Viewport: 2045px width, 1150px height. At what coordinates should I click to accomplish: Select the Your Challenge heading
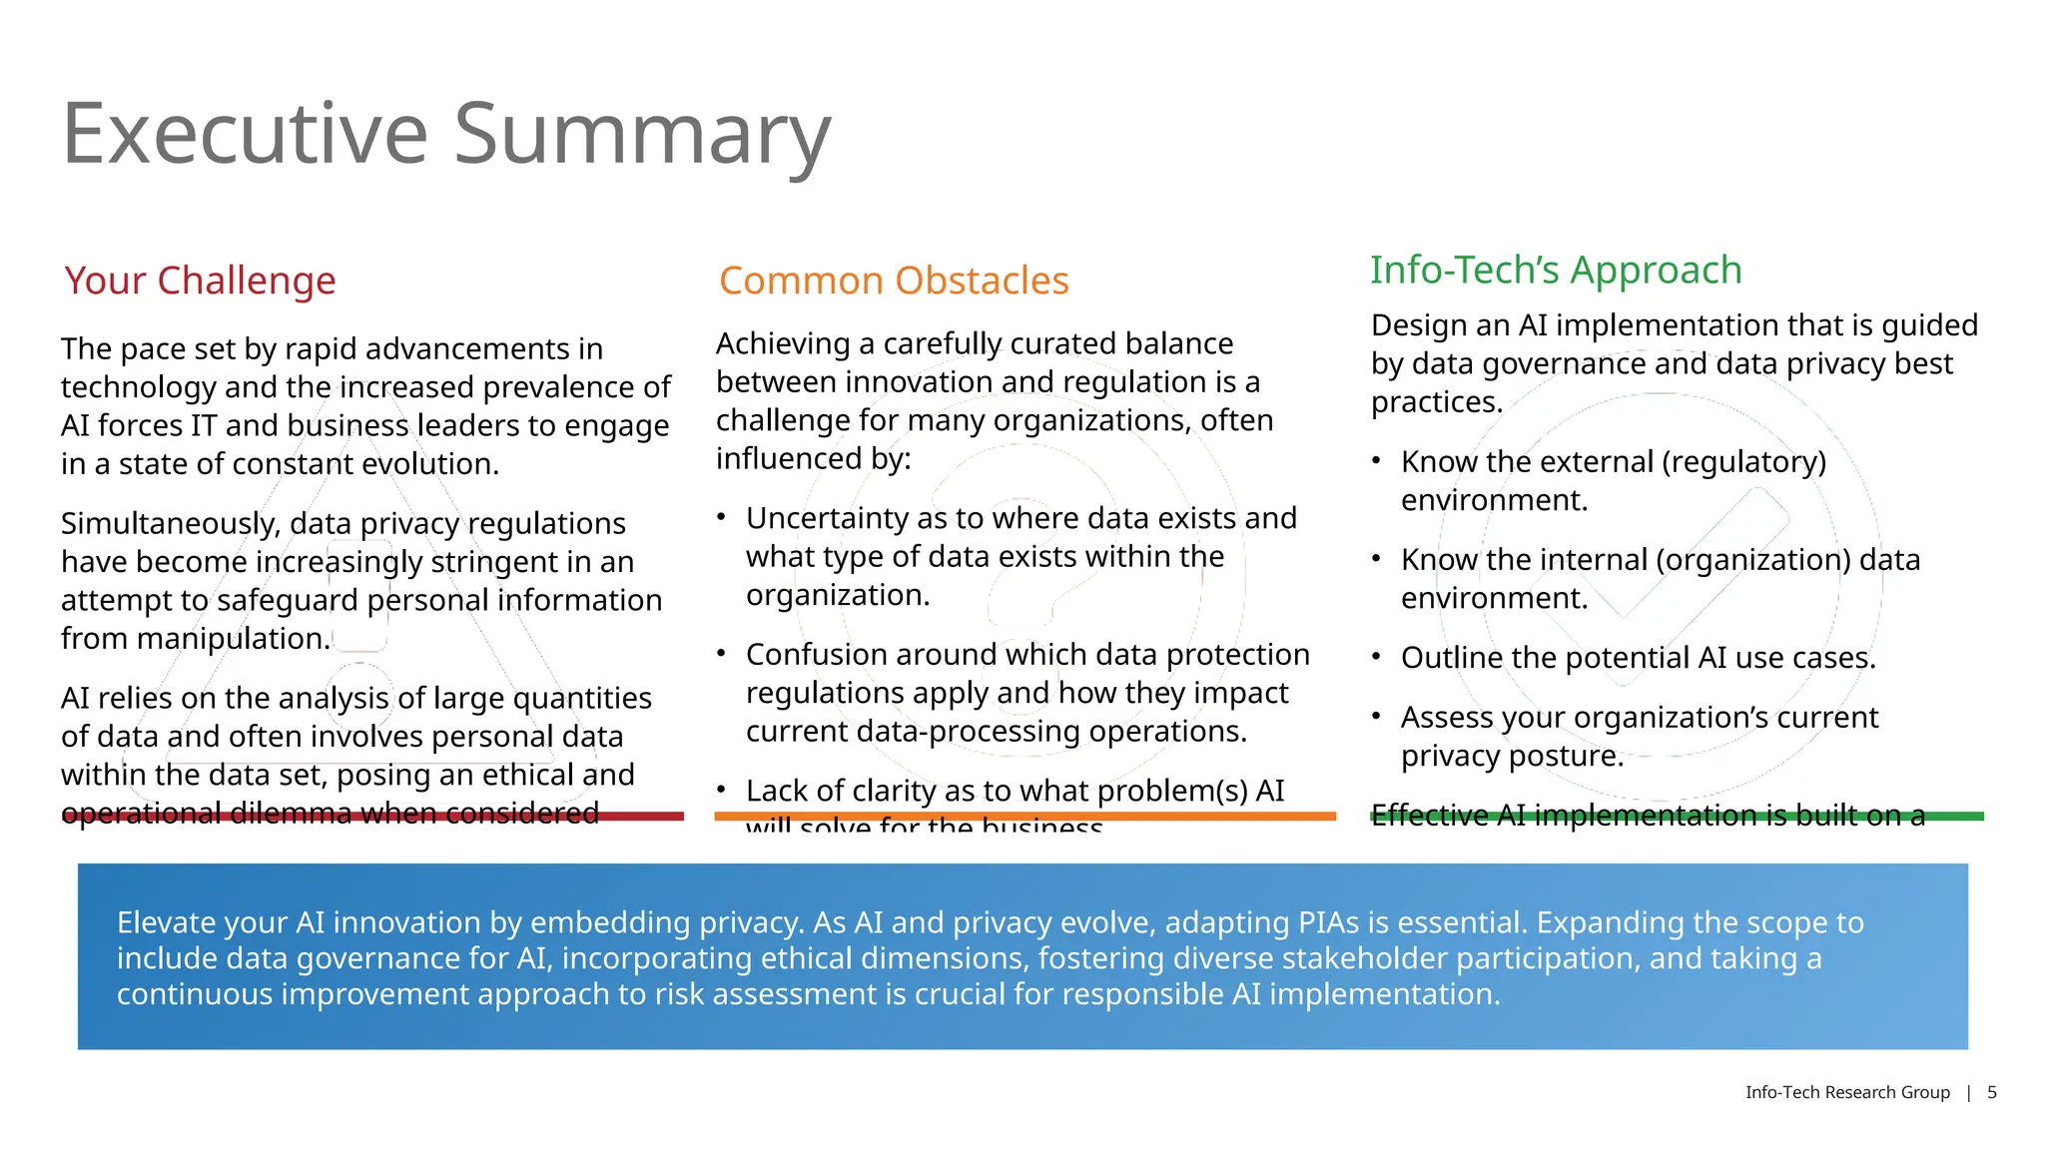200,281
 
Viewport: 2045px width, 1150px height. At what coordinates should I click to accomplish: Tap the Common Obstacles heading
894,281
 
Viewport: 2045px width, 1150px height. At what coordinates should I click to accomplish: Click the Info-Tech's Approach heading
1556,270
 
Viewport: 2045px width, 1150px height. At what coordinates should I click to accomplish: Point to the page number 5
1991,1092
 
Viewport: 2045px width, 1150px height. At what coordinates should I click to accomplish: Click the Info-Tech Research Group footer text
1847,1092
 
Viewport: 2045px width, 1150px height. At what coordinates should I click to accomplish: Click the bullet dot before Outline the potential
1376,656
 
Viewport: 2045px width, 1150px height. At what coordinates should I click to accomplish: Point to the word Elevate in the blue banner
162,922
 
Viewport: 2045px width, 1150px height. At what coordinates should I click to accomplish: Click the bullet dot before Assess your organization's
1376,716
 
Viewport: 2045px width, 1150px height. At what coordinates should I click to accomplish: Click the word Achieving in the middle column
782,343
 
